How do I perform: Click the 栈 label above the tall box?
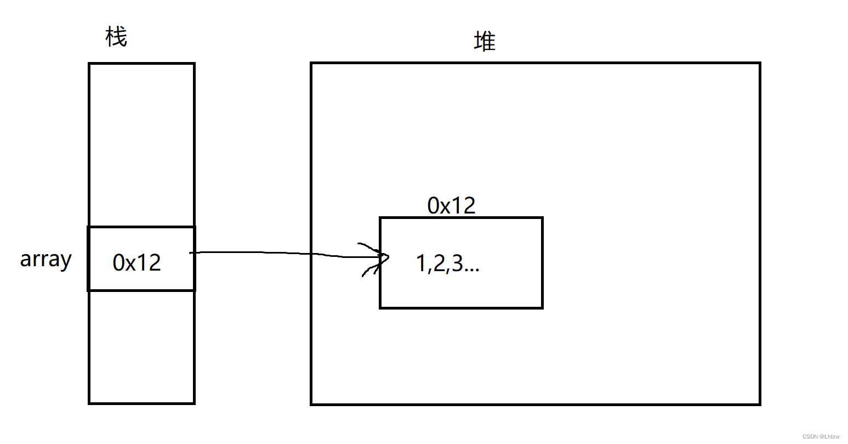point(116,37)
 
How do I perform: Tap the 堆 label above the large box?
point(485,42)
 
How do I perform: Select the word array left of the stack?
point(46,259)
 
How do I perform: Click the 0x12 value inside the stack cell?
point(137,263)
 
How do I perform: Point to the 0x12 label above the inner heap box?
point(451,206)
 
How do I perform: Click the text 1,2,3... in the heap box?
point(448,264)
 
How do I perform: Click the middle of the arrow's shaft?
point(285,253)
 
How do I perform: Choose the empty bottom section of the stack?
point(141,347)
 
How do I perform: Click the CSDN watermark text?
point(821,437)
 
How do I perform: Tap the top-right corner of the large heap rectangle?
point(759,64)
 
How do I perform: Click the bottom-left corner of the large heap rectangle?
point(311,404)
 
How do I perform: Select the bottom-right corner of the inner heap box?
point(542,307)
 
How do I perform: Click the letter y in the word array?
point(66,261)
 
